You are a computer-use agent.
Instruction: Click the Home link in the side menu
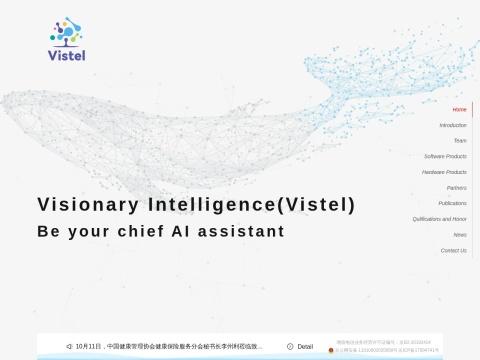pyautogui.click(x=459, y=109)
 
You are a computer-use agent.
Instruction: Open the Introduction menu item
pyautogui.click(x=453, y=125)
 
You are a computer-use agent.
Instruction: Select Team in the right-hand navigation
pyautogui.click(x=460, y=141)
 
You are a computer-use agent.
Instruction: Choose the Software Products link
pyautogui.click(x=445, y=157)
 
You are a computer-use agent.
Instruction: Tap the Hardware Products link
pyautogui.click(x=444, y=172)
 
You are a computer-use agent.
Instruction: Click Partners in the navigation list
pyautogui.click(x=456, y=188)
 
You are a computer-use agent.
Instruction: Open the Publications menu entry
pyautogui.click(x=452, y=203)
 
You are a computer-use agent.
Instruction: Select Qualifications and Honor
pyautogui.click(x=439, y=219)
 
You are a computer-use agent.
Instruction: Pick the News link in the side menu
pyautogui.click(x=460, y=234)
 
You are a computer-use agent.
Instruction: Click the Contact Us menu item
pyautogui.click(x=453, y=250)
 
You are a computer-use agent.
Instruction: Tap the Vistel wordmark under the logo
pyautogui.click(x=67, y=55)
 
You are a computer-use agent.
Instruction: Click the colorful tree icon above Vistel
pyautogui.click(x=67, y=31)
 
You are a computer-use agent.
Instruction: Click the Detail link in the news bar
pyautogui.click(x=305, y=347)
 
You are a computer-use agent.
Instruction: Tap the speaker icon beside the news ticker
pyautogui.click(x=69, y=347)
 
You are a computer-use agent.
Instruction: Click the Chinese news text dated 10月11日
pyautogui.click(x=170, y=347)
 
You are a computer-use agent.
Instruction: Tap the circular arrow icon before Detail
pyautogui.click(x=290, y=347)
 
